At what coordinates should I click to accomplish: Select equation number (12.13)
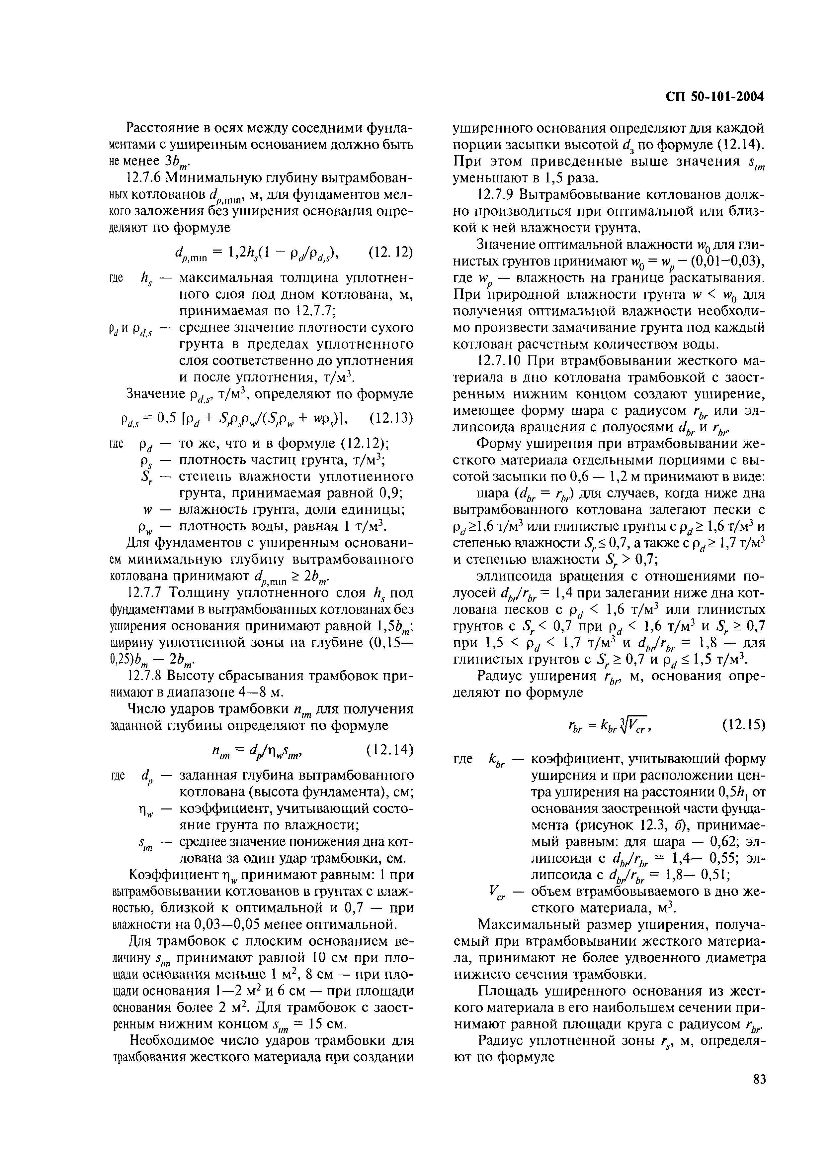[391, 418]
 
